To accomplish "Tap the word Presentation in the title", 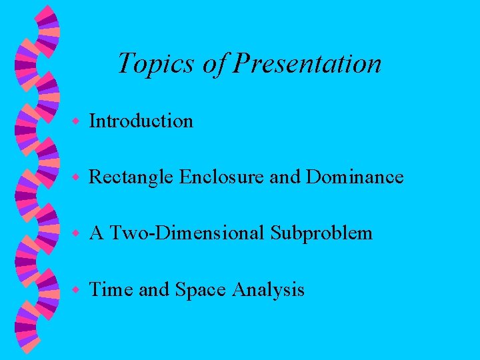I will click(x=308, y=64).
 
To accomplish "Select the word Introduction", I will click(x=141, y=121).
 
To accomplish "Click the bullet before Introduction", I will click(x=77, y=121).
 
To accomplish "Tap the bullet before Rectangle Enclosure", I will click(x=77, y=177).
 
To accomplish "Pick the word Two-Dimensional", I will click(x=188, y=233).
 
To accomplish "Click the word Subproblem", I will click(x=322, y=233).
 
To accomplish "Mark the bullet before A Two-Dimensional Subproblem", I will click(x=77, y=233).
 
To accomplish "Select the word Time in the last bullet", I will click(x=111, y=290).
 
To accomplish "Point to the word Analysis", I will click(x=269, y=291).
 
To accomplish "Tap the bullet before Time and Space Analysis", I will click(x=77, y=290).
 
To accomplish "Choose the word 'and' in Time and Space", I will click(x=154, y=290).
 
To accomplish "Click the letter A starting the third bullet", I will click(x=96, y=233).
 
